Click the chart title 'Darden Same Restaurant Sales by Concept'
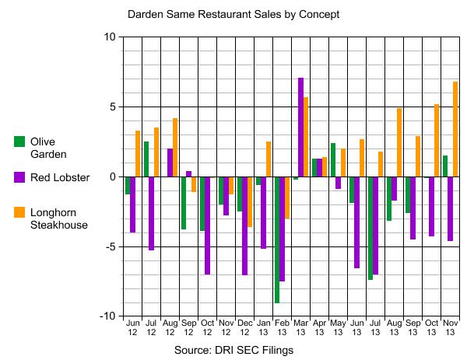click(233, 14)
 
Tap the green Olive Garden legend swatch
click(19, 142)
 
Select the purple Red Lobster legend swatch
click(19, 177)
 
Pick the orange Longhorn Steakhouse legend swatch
click(19, 211)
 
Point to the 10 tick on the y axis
click(108, 37)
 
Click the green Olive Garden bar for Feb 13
click(276, 239)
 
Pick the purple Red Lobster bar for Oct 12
click(208, 225)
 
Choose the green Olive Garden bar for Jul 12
click(146, 159)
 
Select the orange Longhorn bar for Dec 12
click(250, 201)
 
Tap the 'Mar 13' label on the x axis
click(300, 327)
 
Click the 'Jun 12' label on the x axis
click(132, 327)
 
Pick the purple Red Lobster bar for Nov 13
click(449, 208)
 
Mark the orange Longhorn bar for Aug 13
click(399, 142)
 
